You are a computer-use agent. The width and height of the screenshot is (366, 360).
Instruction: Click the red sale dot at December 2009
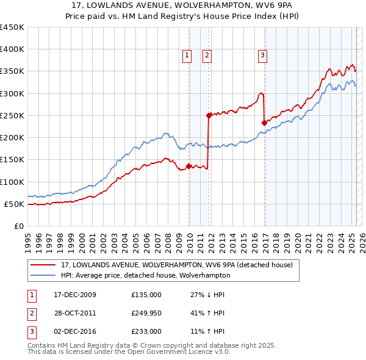click(x=189, y=166)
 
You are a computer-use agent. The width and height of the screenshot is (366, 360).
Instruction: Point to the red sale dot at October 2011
click(x=209, y=115)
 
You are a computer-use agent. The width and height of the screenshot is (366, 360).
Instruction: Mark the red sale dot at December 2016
click(x=264, y=123)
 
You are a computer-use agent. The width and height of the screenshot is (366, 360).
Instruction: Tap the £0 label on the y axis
click(x=19, y=226)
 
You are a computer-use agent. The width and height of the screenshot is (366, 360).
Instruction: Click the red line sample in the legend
click(x=43, y=265)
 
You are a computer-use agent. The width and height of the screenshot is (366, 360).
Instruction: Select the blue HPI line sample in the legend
click(x=43, y=275)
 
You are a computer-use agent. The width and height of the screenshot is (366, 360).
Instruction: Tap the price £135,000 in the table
click(x=146, y=295)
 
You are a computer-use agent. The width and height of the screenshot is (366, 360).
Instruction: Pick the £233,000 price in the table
click(x=146, y=331)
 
